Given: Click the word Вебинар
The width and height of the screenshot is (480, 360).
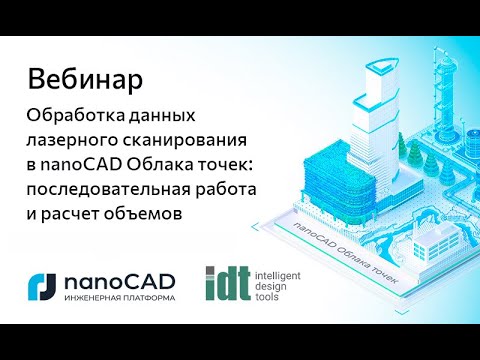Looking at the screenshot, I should (84, 77).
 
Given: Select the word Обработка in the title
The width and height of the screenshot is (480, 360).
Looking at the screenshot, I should (72, 118).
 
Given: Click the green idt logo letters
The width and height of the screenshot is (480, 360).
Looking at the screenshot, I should (223, 284).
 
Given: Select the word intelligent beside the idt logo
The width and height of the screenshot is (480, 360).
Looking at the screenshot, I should (279, 272).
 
